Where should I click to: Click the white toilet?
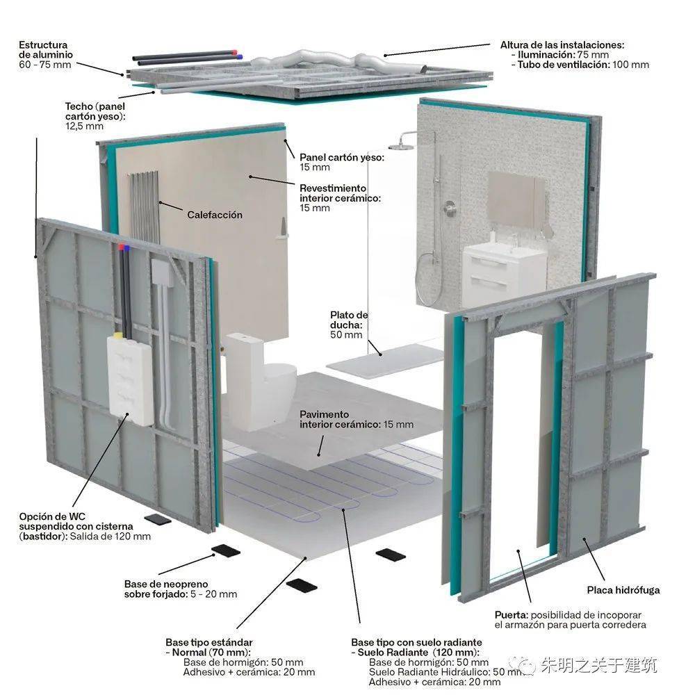(259, 381)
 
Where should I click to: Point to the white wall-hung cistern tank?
(130, 379)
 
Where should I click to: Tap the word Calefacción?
(215, 215)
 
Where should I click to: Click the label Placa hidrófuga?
(623, 590)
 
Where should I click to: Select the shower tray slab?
(385, 357)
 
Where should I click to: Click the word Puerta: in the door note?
(512, 615)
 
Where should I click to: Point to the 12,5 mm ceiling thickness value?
(84, 126)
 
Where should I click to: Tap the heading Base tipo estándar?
(209, 642)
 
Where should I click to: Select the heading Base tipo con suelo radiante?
(416, 642)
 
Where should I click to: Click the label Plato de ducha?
(349, 320)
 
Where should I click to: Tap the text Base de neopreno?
(166, 584)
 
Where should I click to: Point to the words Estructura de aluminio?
(46, 49)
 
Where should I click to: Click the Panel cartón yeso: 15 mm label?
(342, 162)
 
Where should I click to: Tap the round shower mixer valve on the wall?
(450, 207)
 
